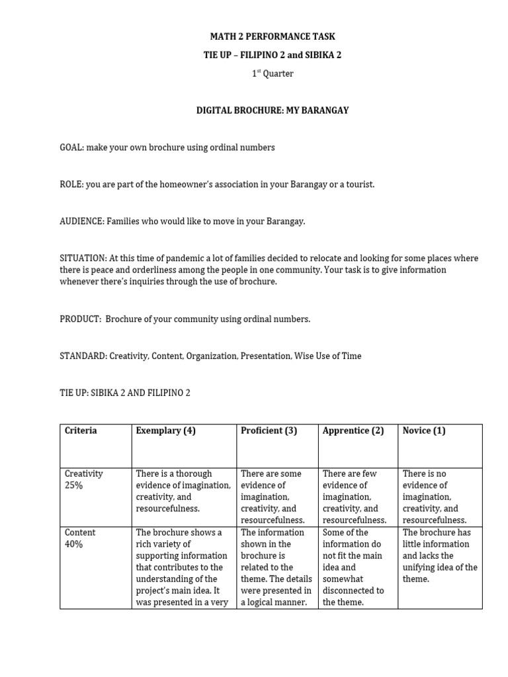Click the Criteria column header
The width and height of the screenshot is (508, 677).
click(x=81, y=431)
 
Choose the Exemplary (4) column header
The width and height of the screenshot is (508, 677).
click(x=165, y=431)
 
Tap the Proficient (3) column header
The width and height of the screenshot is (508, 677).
click(x=269, y=431)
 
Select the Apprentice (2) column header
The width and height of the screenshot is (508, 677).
click(x=353, y=431)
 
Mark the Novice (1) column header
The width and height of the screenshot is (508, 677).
click(x=424, y=431)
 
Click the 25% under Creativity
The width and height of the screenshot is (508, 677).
click(x=73, y=486)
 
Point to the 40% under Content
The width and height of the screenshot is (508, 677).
click(x=73, y=545)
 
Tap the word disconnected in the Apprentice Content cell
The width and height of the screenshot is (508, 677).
click(x=353, y=591)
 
